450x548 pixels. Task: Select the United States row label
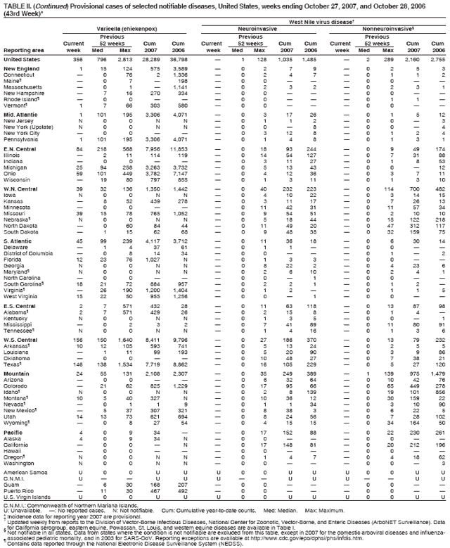point(21,59)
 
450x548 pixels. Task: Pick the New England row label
point(20,68)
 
